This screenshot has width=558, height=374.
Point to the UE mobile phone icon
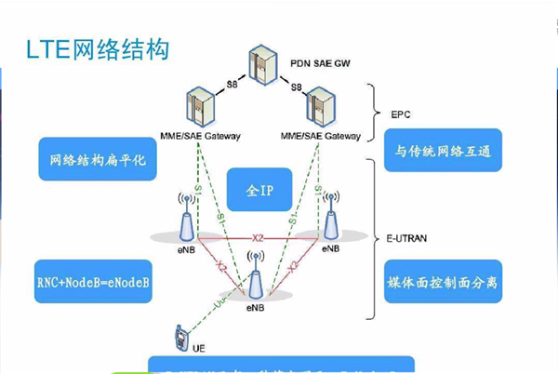(x=179, y=337)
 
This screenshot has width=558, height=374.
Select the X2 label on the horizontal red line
(x=258, y=239)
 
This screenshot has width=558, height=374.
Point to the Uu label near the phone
(x=217, y=303)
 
